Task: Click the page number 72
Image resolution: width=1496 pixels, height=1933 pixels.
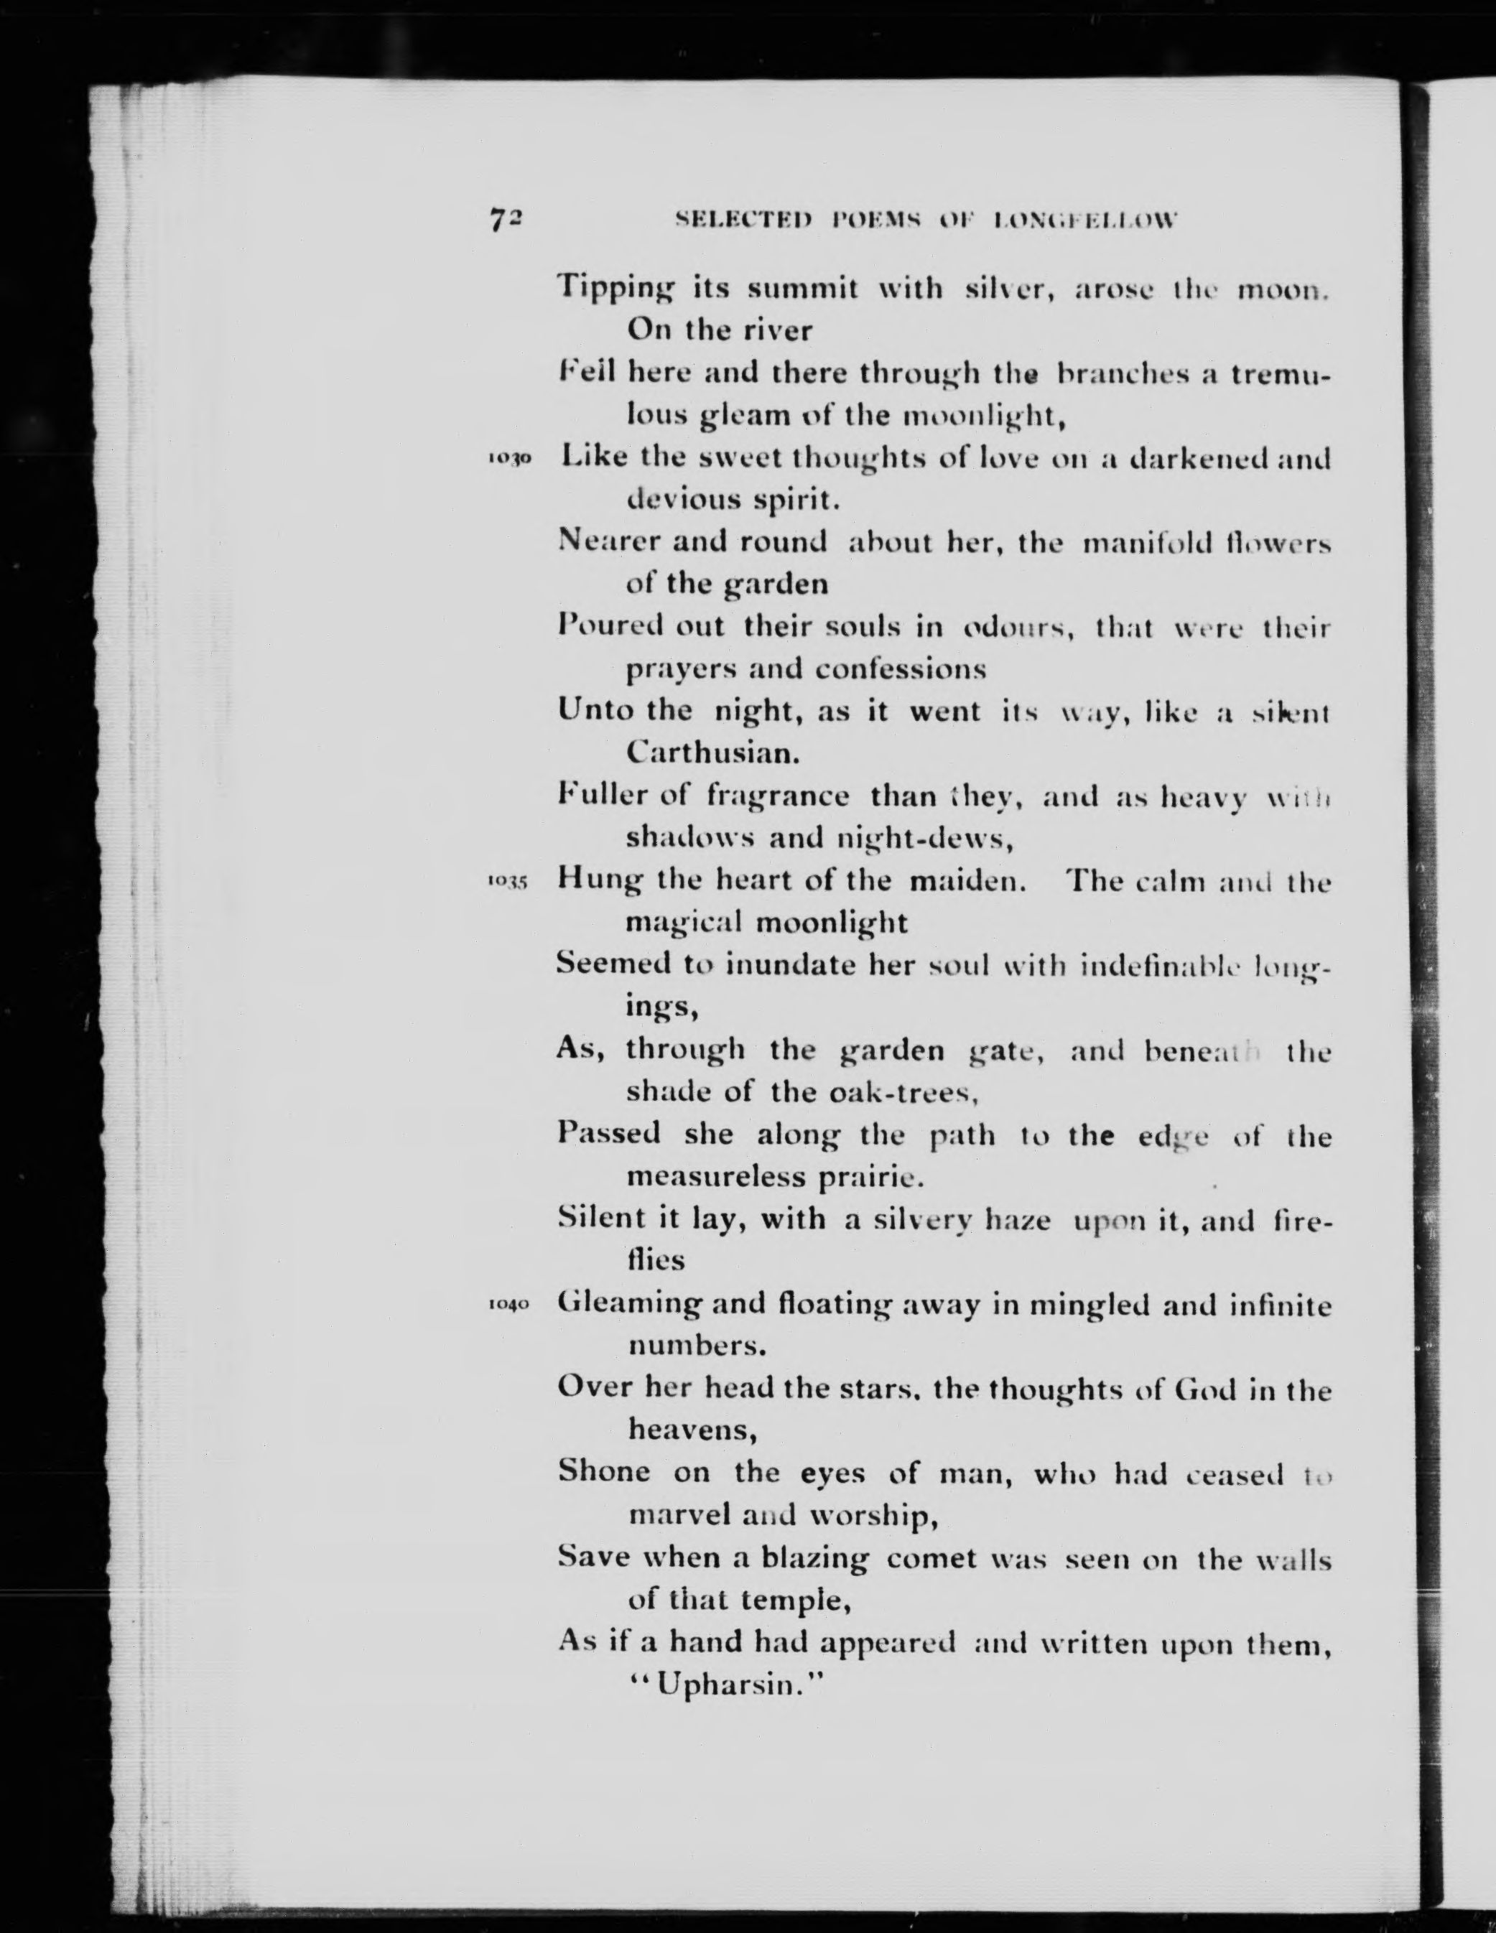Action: coord(506,220)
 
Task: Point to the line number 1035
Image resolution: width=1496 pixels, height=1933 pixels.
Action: coord(507,882)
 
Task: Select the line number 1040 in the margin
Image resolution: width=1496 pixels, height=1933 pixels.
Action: coord(507,1305)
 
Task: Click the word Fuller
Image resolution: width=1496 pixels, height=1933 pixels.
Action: coord(602,796)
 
